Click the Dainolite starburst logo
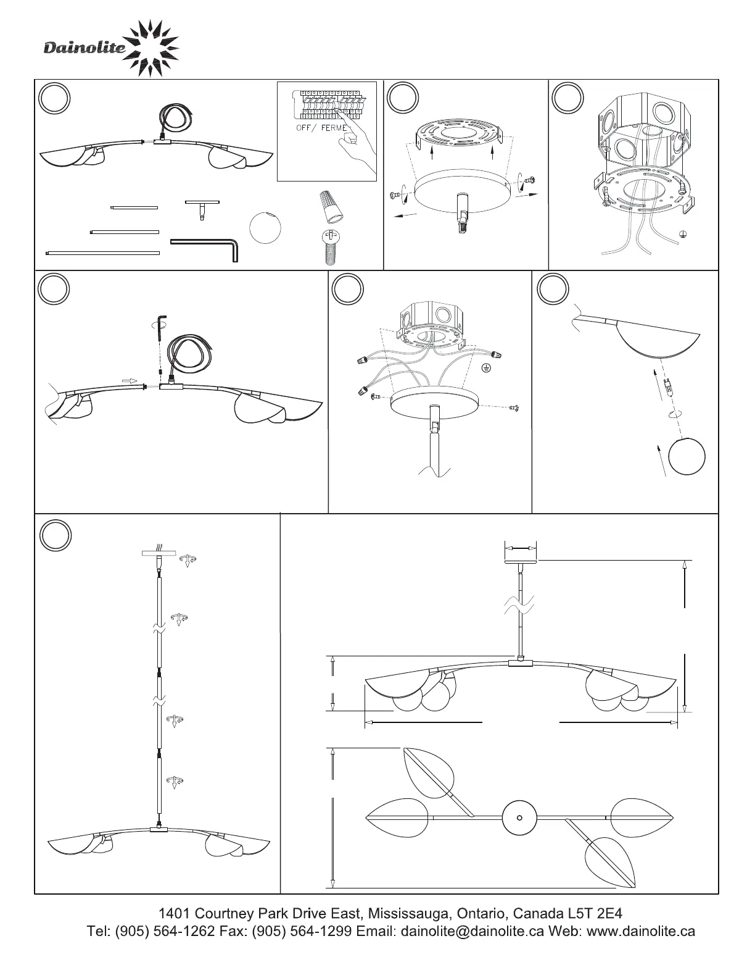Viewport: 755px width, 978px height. (151, 48)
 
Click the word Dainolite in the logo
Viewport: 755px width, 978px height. (85, 48)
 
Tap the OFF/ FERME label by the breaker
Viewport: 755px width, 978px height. (321, 128)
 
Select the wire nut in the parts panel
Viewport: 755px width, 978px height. (331, 207)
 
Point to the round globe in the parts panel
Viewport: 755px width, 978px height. (265, 228)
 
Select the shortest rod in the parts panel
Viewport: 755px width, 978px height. (134, 207)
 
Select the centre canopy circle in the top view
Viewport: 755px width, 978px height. (519, 817)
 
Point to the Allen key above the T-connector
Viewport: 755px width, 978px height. (162, 328)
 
